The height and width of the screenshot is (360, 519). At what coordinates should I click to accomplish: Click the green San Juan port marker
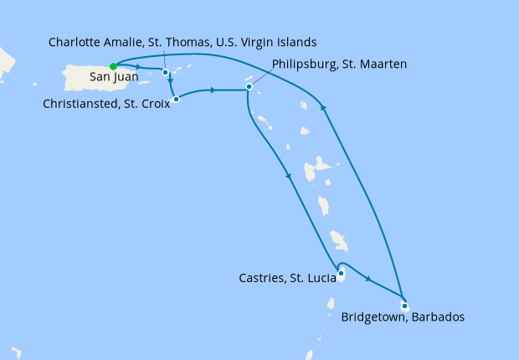113,67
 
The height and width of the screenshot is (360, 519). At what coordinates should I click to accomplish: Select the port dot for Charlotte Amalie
165,72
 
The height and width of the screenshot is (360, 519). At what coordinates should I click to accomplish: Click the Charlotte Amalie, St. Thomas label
182,42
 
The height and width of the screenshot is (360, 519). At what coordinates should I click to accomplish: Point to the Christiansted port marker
176,99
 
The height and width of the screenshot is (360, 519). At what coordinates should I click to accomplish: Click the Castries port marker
341,273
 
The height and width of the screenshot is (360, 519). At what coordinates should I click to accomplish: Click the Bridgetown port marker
404,305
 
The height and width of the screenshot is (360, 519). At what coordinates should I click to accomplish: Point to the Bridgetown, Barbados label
403,317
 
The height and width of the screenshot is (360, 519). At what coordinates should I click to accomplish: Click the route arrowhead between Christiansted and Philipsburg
215,90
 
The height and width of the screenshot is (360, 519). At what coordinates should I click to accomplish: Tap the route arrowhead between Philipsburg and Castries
289,176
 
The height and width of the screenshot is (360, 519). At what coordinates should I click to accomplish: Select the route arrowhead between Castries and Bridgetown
368,277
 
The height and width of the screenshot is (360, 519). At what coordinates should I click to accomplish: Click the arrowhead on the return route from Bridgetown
323,105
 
